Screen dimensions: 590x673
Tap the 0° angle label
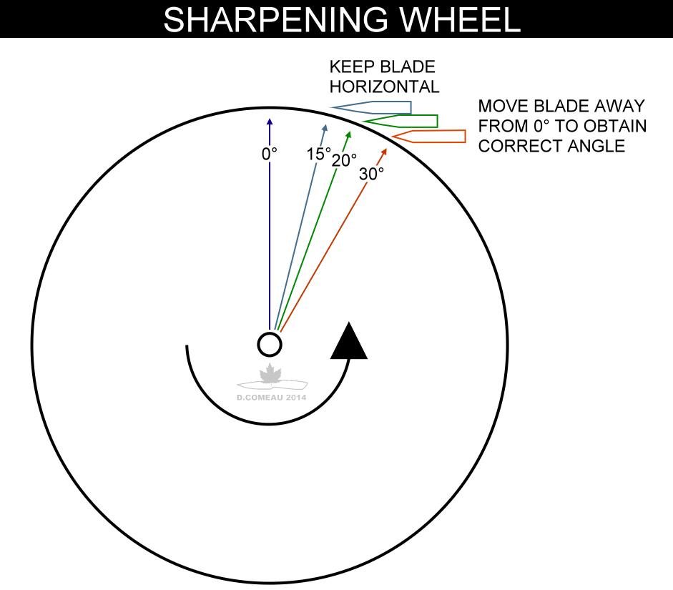[269, 154]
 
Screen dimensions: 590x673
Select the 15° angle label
[319, 154]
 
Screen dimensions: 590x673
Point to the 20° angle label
[344, 160]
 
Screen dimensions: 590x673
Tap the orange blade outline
[429, 136]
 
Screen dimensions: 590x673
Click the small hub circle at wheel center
[270, 345]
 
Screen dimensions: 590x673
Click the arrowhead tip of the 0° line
[270, 119]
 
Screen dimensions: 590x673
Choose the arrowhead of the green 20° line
[349, 134]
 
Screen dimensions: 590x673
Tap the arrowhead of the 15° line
[325, 127]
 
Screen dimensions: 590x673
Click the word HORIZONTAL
[384, 87]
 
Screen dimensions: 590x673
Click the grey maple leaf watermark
[270, 374]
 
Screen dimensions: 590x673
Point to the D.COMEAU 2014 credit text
[270, 398]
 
